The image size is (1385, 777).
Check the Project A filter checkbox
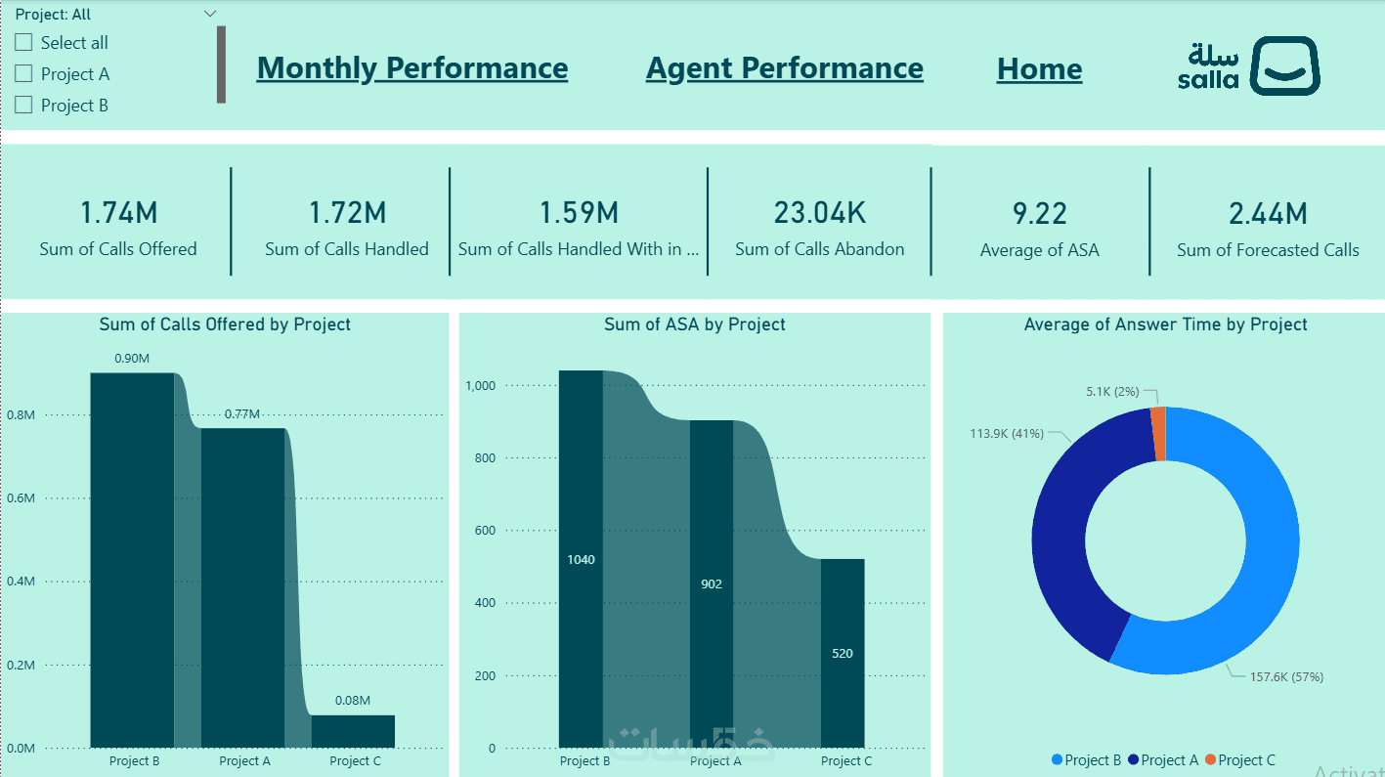click(x=24, y=74)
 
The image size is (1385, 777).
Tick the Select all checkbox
click(x=24, y=43)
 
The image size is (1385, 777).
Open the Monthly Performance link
click(x=411, y=67)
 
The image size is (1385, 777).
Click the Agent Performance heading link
click(x=784, y=67)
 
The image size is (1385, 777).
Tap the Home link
click(x=1039, y=68)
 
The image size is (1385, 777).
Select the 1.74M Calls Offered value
click(x=118, y=212)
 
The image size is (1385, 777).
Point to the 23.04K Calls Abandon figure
click(x=819, y=212)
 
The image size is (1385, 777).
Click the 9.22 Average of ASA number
click(x=1039, y=213)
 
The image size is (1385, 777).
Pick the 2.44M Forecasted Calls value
click(x=1268, y=213)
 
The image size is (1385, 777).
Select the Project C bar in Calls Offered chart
click(x=353, y=731)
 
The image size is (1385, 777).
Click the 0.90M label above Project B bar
click(x=132, y=358)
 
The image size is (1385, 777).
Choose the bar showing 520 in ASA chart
click(x=843, y=653)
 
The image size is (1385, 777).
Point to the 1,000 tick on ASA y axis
click(x=481, y=386)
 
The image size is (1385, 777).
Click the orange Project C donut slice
click(x=1158, y=432)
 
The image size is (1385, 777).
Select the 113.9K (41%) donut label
click(x=1007, y=433)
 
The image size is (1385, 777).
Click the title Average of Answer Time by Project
click(x=1165, y=324)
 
